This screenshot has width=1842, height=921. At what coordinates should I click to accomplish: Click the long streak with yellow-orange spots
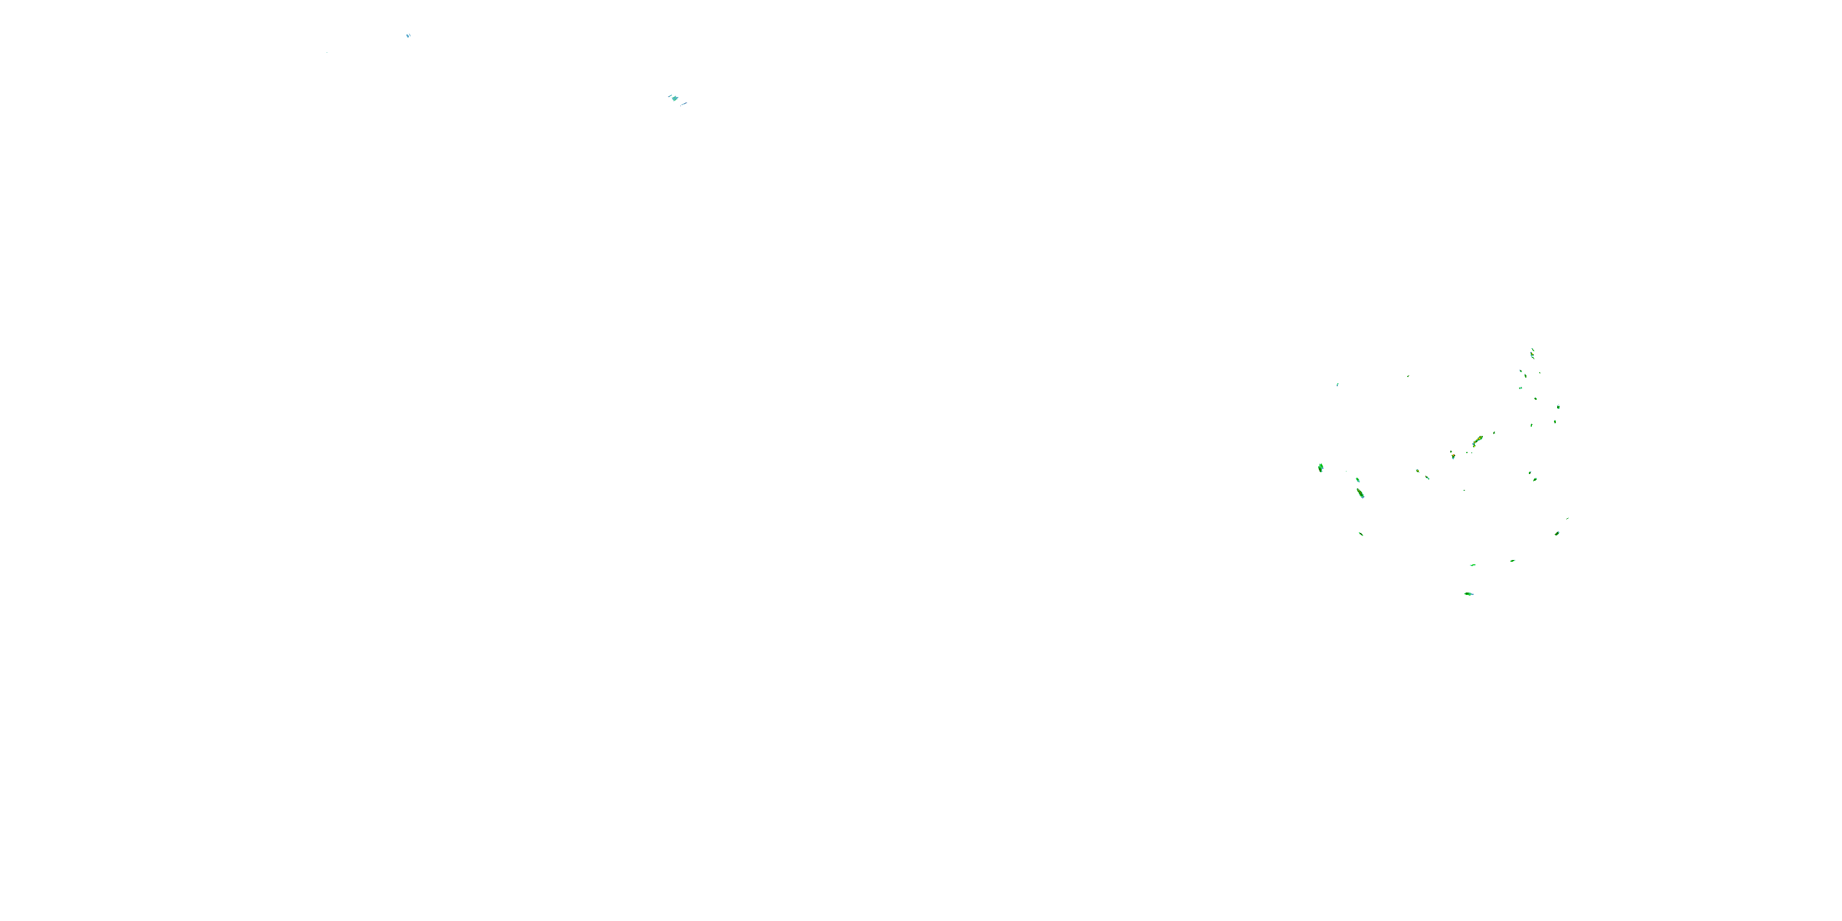coord(1477,440)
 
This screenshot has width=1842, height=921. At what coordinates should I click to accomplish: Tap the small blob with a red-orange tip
coord(1452,456)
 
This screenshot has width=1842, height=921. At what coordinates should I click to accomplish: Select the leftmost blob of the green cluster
coord(1321,468)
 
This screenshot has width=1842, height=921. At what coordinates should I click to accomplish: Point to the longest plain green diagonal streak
coord(1360,494)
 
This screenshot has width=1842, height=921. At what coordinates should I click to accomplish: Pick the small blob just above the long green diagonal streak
coord(1357,480)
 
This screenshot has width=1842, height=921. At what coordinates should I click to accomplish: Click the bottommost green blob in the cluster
coord(1469,594)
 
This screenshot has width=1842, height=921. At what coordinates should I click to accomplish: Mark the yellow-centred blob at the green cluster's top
coord(1532,353)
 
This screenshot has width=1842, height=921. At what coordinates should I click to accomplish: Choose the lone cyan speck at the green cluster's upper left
coord(1337,385)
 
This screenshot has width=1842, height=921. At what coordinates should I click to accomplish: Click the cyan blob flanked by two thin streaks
coord(674,99)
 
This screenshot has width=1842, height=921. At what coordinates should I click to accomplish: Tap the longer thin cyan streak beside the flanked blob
coord(683,104)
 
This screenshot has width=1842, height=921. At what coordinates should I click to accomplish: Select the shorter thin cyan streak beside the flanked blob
coord(670,95)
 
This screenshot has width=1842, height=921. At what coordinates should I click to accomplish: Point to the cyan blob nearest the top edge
coord(408,35)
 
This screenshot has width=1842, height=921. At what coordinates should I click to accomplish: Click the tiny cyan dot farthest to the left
coord(327,52)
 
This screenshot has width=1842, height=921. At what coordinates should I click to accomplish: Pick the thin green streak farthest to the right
coord(1568,518)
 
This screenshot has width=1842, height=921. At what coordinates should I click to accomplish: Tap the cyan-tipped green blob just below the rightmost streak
coord(1556,534)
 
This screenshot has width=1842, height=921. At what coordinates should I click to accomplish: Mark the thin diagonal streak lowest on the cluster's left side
coord(1361,534)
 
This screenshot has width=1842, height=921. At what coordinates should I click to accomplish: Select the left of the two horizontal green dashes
coord(1473,565)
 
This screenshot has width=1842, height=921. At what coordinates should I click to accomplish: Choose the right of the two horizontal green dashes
coord(1512,561)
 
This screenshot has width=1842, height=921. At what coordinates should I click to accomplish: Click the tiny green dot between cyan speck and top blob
coord(1408,376)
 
